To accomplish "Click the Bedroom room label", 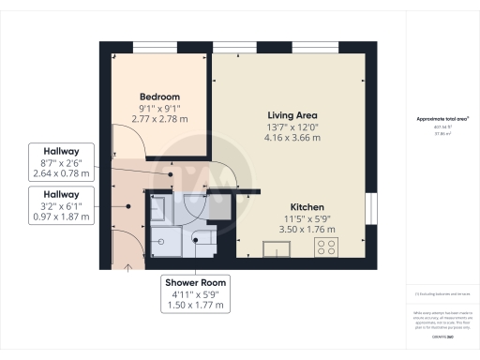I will pos(159,97).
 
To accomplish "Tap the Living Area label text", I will pos(294,115).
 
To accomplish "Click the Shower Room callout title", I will pos(196,282).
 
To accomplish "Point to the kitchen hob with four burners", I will pos(327,248).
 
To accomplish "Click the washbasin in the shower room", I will pos(159,208).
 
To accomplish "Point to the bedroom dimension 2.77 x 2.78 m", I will pos(159,122).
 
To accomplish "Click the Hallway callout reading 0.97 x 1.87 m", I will pos(62,217).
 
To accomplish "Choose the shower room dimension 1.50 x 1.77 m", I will pos(196,305).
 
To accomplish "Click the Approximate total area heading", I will pos(442,120).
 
